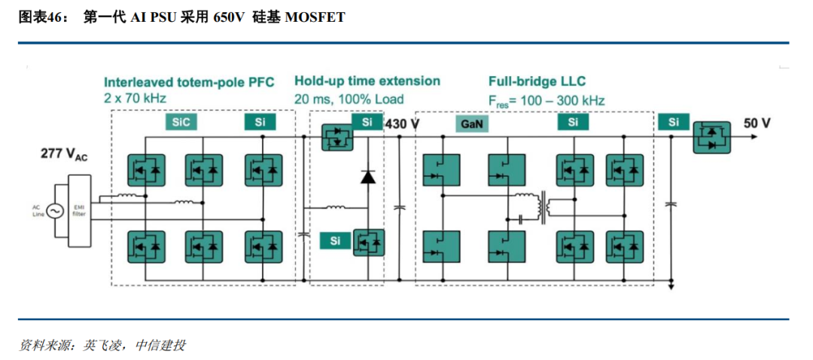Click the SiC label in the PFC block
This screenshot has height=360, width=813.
181,122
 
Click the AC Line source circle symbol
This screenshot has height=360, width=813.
55,212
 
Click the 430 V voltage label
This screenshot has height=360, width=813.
401,124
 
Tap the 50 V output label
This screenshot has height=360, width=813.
757,124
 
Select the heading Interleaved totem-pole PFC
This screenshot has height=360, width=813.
189,82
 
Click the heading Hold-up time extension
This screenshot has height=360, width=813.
367,81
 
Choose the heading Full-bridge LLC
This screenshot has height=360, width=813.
537,81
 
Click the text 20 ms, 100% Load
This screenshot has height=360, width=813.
349,99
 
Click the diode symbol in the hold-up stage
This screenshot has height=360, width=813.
368,177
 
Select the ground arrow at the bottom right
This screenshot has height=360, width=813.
671,285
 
